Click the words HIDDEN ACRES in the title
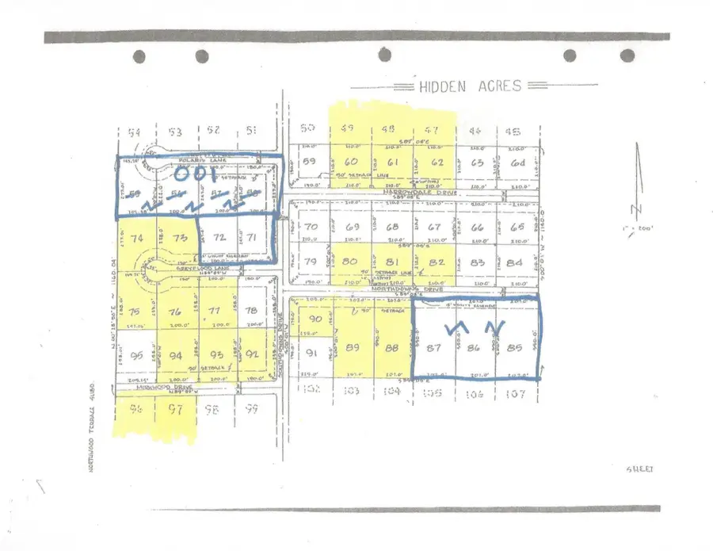tap(470, 86)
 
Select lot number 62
tap(437, 163)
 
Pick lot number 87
tap(433, 346)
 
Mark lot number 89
tap(353, 346)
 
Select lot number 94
tap(175, 355)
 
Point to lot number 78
tap(252, 311)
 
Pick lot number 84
tap(516, 263)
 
